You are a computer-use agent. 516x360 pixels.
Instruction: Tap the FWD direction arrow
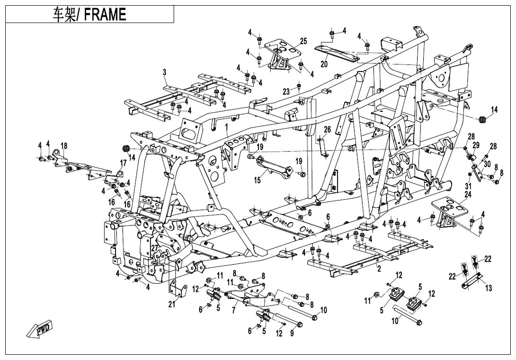point(40,330)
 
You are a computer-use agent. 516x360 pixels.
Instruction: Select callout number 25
point(303,42)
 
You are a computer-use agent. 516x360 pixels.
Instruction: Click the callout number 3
point(164,72)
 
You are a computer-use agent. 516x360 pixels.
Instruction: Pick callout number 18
point(64,145)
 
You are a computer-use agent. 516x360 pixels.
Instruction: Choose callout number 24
point(468,194)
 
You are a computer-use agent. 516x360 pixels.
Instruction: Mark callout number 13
point(489,288)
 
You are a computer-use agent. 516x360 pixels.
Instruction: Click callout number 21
point(171,304)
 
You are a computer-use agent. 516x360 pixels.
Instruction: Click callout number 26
point(327,129)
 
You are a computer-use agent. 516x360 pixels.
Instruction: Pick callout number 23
point(286,92)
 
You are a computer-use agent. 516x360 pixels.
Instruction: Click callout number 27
point(154,248)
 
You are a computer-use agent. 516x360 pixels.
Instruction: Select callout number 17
point(123,163)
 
